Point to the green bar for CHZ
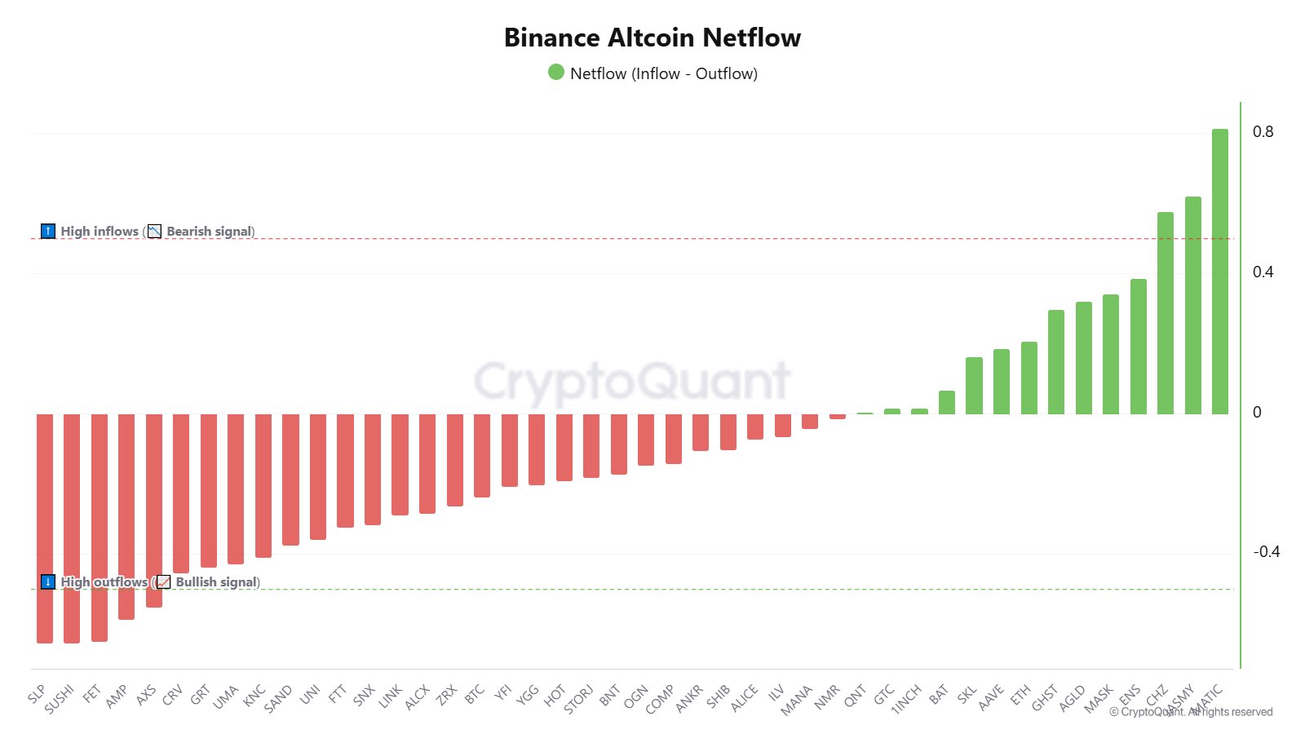tap(1165, 313)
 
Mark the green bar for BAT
tap(946, 402)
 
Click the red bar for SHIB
tap(728, 431)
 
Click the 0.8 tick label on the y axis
tap(1263, 132)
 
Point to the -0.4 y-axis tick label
tap(1266, 552)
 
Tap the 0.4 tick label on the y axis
tap(1263, 272)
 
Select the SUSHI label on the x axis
tap(60, 699)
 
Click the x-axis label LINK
tap(391, 695)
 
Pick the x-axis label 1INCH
tap(906, 699)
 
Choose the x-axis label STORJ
tap(578, 699)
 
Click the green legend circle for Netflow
tap(556, 73)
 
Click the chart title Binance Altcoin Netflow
tap(652, 38)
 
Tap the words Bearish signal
tap(210, 232)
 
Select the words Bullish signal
tap(216, 582)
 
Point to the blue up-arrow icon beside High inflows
tap(48, 232)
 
